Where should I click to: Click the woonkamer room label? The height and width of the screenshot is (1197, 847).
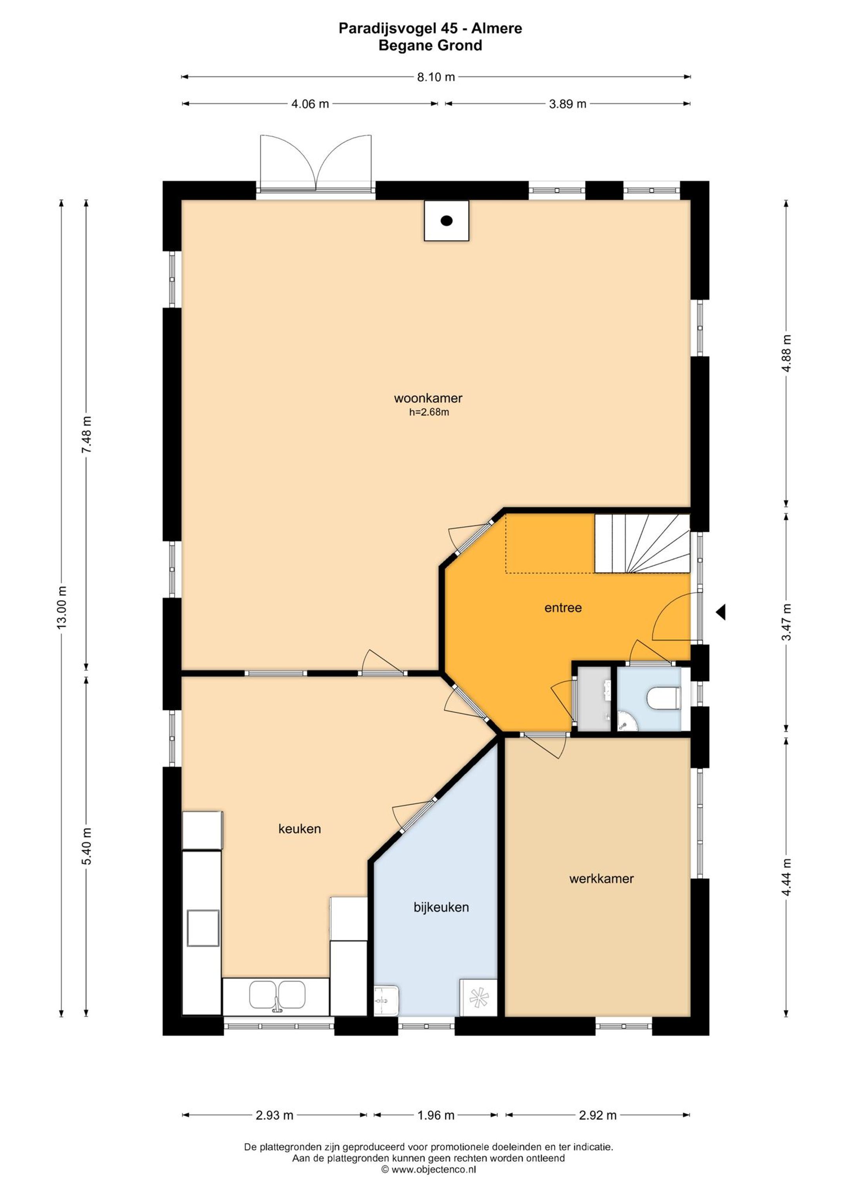(x=428, y=398)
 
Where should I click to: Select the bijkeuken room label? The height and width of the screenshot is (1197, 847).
(x=441, y=907)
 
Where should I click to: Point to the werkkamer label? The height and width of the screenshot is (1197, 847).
(x=602, y=879)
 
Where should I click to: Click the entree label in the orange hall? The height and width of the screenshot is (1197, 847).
(x=563, y=607)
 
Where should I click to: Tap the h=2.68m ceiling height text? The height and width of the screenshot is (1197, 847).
(x=429, y=412)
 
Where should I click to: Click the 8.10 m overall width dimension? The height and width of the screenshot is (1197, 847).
(x=436, y=77)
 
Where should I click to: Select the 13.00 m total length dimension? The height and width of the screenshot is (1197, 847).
(x=62, y=607)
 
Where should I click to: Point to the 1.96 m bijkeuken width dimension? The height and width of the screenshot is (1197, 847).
(x=436, y=1115)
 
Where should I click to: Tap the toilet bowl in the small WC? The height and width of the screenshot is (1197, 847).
(x=663, y=698)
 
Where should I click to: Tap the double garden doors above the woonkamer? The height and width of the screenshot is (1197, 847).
(x=316, y=163)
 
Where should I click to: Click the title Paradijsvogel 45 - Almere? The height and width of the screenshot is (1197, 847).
(x=430, y=29)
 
